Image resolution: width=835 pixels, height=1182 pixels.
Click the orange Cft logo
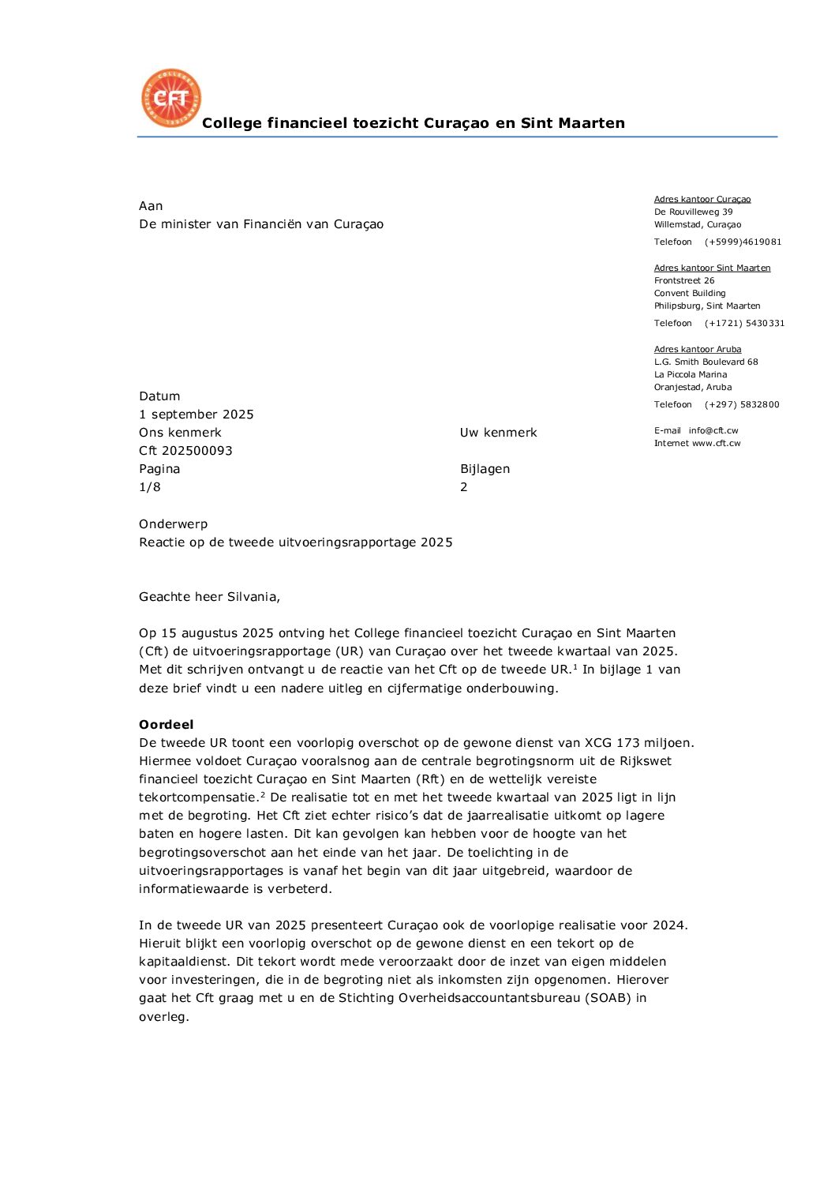tap(170, 98)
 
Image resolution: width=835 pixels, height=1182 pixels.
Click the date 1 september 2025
tap(197, 415)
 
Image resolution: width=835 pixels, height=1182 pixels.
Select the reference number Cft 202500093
tap(185, 451)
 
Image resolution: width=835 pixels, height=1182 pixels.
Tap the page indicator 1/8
tap(150, 487)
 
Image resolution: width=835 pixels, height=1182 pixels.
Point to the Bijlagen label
tap(485, 469)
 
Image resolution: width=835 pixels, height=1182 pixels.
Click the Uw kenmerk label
tap(498, 433)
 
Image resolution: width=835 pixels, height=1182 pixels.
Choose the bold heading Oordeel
tap(166, 725)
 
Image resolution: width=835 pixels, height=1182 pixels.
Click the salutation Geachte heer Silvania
tap(209, 597)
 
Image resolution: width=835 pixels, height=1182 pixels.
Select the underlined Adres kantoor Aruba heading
tap(697, 349)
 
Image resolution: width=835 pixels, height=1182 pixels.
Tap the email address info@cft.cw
tap(713, 430)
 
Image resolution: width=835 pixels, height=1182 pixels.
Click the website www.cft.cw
tap(716, 443)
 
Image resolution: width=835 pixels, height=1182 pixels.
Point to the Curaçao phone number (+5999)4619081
tap(743, 242)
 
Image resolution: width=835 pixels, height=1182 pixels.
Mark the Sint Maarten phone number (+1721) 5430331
tap(744, 323)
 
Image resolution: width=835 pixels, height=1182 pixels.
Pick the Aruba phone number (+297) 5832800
tap(742, 404)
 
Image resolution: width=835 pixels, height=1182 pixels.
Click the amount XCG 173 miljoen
tap(638, 743)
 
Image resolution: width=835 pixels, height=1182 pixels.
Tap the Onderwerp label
tap(173, 524)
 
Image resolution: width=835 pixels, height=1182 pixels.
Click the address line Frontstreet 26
tap(683, 280)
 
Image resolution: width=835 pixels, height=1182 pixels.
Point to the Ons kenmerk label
tap(180, 433)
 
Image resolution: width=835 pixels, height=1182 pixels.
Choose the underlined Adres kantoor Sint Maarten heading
tap(712, 268)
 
